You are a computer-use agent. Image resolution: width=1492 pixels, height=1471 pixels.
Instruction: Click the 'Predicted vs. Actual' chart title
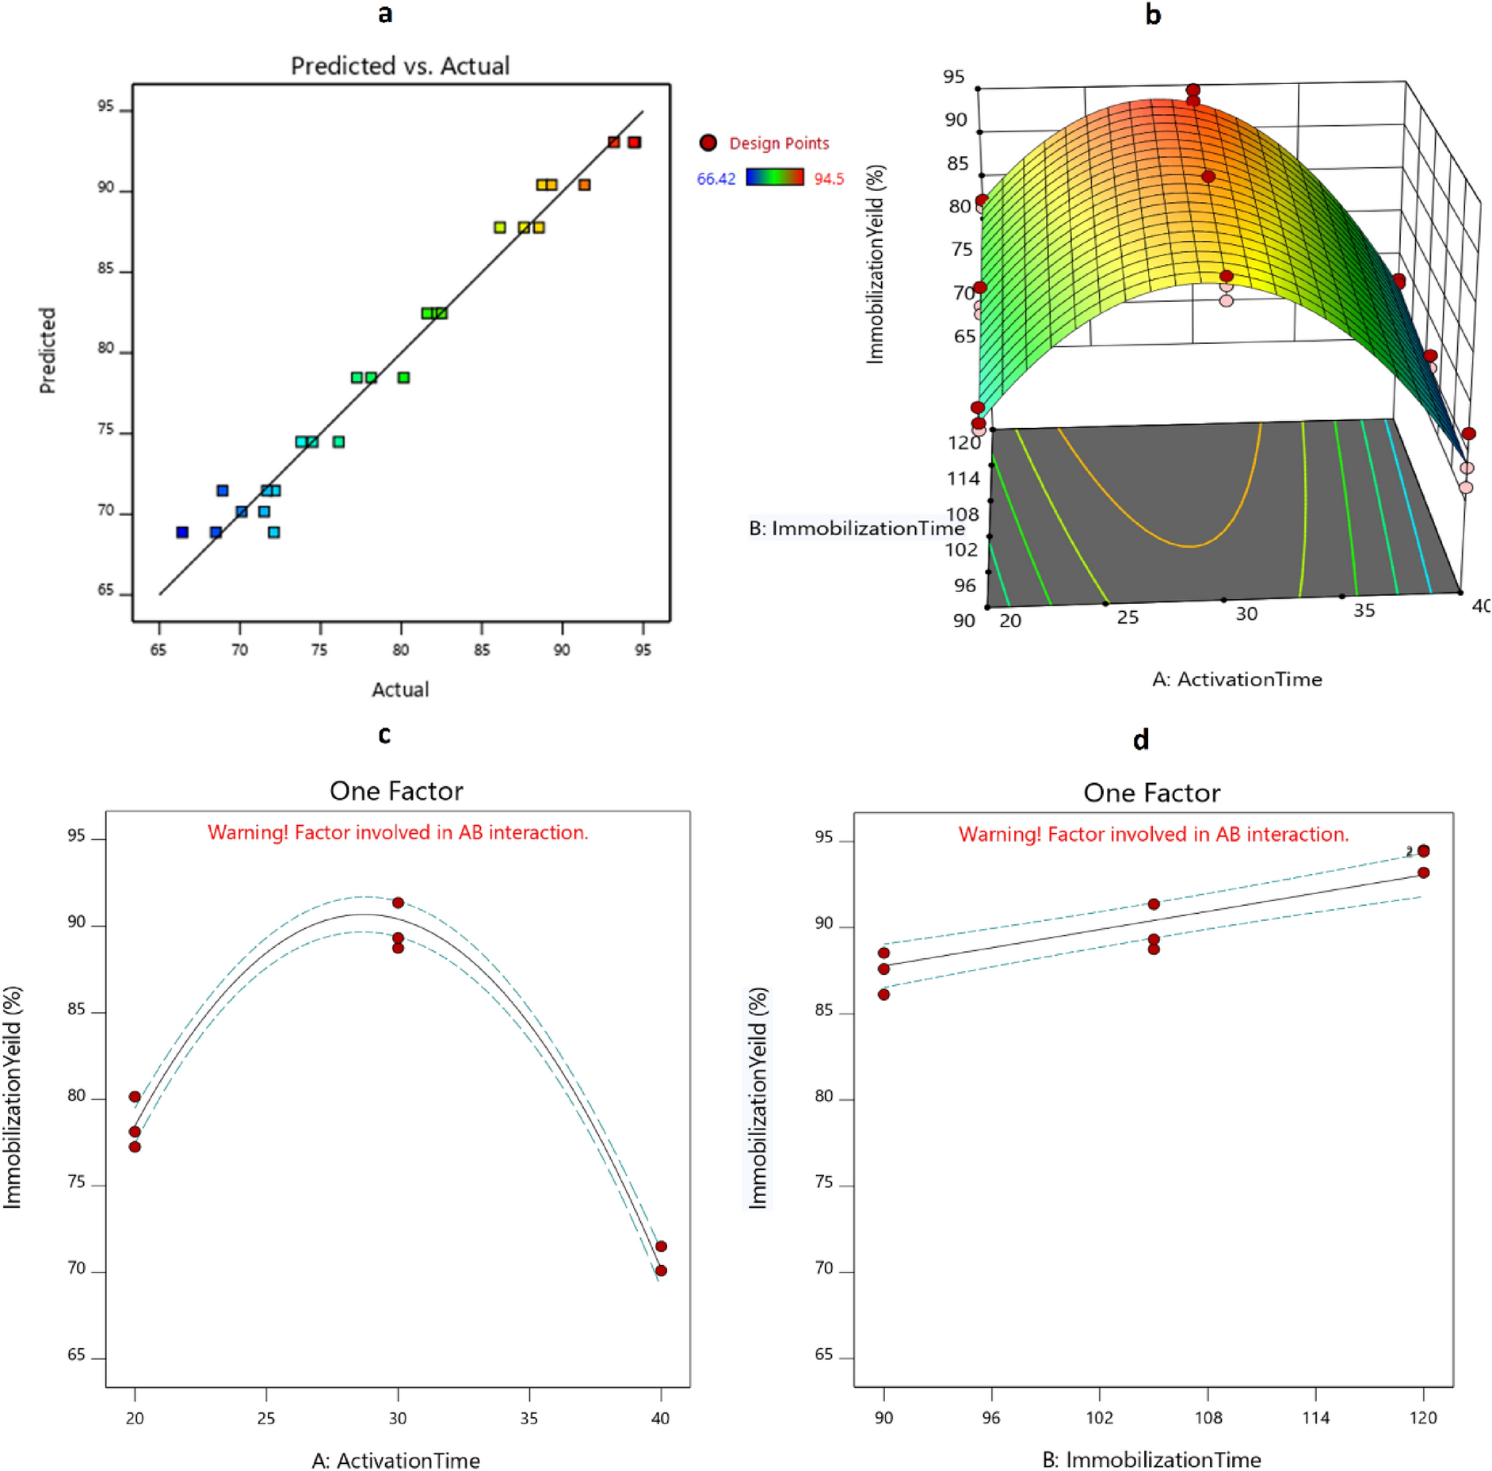point(400,65)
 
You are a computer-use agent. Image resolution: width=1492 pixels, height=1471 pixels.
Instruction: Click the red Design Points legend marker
point(708,143)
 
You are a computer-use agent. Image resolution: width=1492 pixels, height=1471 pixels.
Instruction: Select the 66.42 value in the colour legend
point(715,179)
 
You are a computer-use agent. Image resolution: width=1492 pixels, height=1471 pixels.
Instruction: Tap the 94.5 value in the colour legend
point(829,179)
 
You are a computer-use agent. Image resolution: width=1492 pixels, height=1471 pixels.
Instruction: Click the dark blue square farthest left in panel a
point(182,533)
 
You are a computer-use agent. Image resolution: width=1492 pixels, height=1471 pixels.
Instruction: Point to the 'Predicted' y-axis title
point(48,350)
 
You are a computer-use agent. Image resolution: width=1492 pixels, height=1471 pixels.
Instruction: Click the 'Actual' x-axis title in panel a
point(400,690)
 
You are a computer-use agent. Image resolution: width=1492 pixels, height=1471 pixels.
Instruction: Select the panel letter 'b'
point(1153,14)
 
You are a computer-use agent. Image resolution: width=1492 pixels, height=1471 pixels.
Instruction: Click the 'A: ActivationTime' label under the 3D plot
point(1237,679)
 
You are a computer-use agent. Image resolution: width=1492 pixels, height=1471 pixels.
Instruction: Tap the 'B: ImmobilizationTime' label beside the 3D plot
point(856,528)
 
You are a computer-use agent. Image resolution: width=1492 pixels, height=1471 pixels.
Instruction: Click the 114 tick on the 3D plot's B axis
point(963,479)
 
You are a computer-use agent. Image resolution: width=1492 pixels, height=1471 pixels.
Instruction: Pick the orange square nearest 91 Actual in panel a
point(584,185)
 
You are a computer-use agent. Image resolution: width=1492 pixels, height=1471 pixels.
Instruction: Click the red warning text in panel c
point(398,832)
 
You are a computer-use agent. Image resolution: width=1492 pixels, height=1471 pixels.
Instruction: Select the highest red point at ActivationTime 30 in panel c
point(398,903)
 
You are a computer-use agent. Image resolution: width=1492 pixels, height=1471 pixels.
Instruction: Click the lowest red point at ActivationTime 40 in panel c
point(661,1270)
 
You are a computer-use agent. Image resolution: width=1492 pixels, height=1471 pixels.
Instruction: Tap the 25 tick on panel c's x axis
point(266,1418)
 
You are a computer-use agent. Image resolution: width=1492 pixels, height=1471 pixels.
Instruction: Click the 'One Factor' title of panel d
point(1151,793)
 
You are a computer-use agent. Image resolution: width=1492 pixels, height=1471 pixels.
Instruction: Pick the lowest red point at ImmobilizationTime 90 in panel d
point(883,994)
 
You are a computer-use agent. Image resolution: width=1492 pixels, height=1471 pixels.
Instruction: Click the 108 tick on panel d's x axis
point(1208,1418)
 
